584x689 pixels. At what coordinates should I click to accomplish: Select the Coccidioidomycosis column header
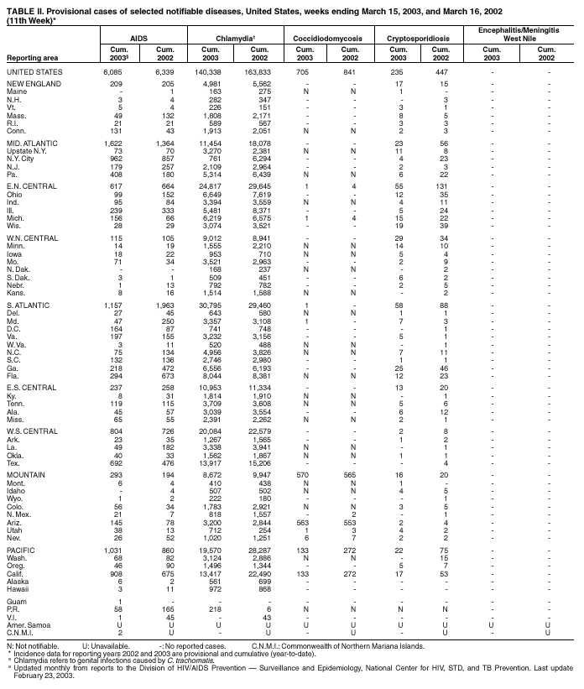[x=319, y=39]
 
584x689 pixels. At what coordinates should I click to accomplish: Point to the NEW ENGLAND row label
[x=30, y=85]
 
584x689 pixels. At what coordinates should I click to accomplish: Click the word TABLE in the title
[x=20, y=5]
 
